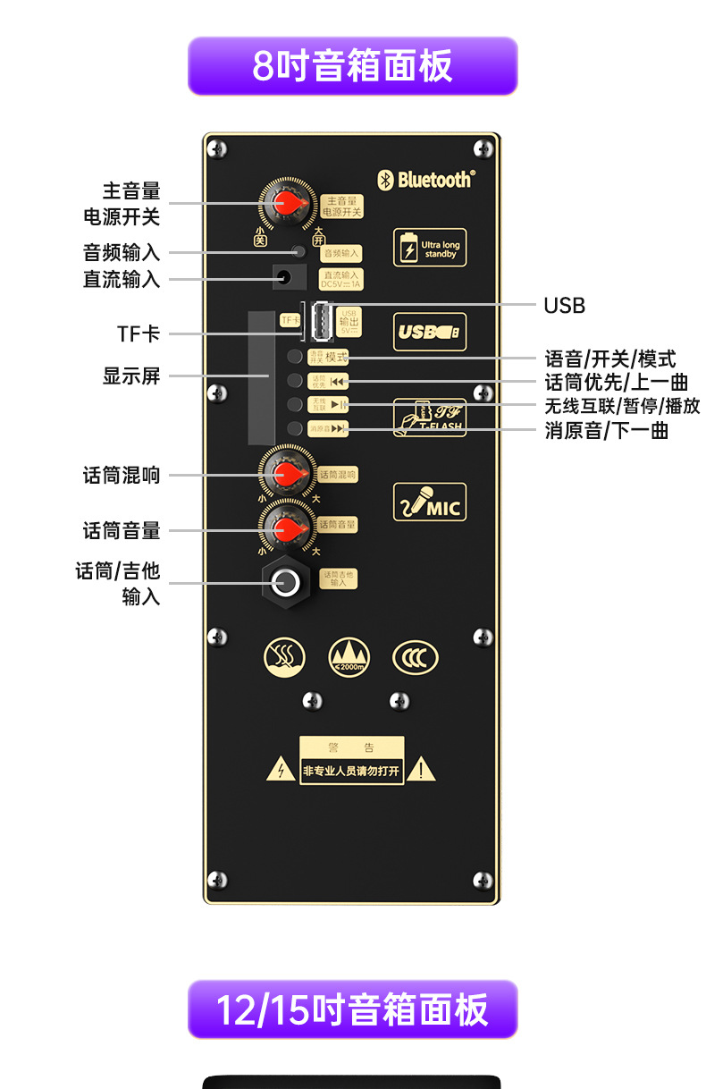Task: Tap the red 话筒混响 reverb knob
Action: [x=287, y=475]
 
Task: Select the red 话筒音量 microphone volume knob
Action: [x=287, y=528]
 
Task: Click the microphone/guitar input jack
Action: [x=286, y=583]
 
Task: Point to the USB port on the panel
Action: [x=318, y=323]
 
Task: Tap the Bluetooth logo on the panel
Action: [x=425, y=180]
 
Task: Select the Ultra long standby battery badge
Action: [x=430, y=248]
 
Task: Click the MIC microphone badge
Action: [x=430, y=502]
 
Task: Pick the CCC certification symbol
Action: [x=416, y=658]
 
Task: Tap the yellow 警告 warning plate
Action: [x=352, y=761]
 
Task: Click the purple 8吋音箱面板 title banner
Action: [x=352, y=66]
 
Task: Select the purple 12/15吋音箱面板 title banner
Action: [x=352, y=1009]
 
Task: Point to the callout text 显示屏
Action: [x=131, y=376]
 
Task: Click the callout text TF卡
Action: [x=139, y=333]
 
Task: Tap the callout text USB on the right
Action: [x=565, y=306]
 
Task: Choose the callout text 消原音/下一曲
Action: [x=607, y=431]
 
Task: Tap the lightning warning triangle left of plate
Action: [x=282, y=771]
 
